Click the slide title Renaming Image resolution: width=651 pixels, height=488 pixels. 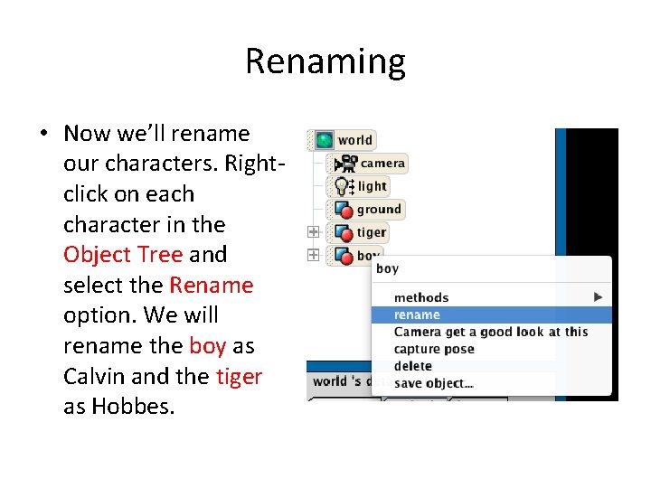point(325,61)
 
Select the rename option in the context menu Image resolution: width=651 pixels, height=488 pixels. point(417,315)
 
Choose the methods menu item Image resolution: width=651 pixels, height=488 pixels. point(420,297)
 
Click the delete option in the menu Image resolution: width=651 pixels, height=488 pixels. point(412,366)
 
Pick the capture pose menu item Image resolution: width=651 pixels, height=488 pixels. point(434,349)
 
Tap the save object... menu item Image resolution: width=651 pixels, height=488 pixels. point(433,383)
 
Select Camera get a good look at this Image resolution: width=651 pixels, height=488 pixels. point(490,332)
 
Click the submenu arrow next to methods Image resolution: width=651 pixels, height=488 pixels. point(598,297)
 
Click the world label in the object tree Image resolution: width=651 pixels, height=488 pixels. point(354,140)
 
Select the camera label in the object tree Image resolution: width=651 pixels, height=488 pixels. point(382,164)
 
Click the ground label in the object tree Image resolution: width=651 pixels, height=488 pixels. point(378,210)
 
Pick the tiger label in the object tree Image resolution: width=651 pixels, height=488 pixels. point(371,232)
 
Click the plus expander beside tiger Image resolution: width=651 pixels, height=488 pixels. point(313,232)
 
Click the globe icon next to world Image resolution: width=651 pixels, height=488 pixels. point(324,140)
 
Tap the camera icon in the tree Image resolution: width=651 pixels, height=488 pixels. point(345,164)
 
